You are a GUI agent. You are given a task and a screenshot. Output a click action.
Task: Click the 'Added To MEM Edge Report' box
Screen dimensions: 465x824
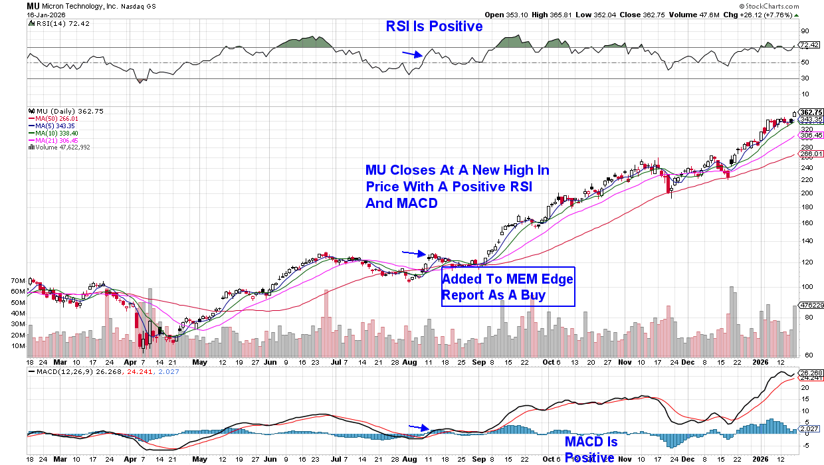(x=508, y=287)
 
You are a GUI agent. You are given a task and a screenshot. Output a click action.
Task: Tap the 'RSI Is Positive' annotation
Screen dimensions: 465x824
(x=434, y=27)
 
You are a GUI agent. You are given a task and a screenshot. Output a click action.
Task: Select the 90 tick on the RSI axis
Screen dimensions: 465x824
(x=804, y=31)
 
